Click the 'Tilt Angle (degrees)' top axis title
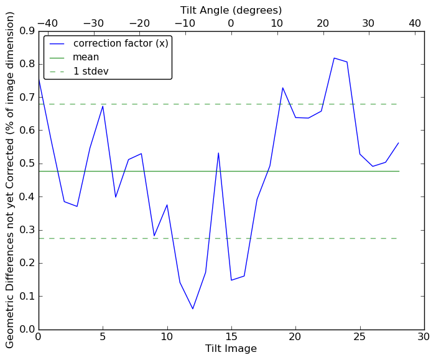tap(231, 10)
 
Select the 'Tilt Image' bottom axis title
tap(231, 349)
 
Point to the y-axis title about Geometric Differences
tap(11, 180)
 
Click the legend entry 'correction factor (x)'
tap(121, 44)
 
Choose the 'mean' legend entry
tap(86, 57)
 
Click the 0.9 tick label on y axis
tap(27, 30)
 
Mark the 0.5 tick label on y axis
tap(27, 164)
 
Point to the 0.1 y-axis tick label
tap(27, 296)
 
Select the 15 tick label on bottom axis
tap(231, 337)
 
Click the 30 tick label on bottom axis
tap(424, 337)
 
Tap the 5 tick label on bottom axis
tap(103, 337)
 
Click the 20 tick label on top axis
tap(323, 23)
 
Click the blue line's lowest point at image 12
tap(193, 309)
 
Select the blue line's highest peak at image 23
tap(334, 58)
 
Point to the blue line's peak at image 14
tap(218, 153)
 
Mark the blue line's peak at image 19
tap(282, 88)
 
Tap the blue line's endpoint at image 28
tap(399, 143)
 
